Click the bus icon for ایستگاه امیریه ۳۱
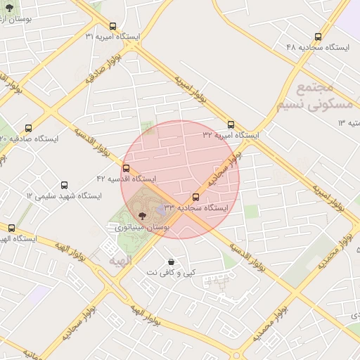tap(113, 26)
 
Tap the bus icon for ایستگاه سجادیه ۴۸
tap(318, 37)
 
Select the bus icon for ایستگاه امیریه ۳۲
tap(231, 124)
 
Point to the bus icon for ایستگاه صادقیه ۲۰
tap(28, 129)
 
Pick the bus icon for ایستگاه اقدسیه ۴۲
tap(126, 169)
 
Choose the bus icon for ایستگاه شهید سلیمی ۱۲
tap(65, 185)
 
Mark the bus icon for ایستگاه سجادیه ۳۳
tap(195, 198)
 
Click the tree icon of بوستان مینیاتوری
tap(142, 216)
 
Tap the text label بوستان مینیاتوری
tap(141, 228)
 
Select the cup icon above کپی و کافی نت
tap(171, 261)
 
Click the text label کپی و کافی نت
tap(171, 272)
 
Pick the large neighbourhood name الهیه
tap(120, 261)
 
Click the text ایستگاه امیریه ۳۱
tap(112, 36)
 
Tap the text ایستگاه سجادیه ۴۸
tap(318, 46)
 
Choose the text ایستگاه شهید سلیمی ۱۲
tap(64, 195)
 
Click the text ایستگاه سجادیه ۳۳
tap(196, 208)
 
